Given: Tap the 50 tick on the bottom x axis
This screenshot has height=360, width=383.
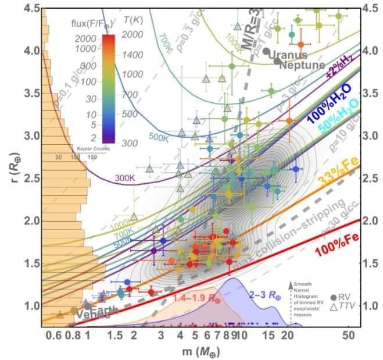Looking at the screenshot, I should click(348, 336).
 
